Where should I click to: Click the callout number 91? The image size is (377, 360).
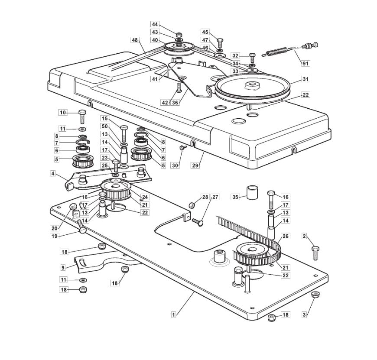[x=305, y=63]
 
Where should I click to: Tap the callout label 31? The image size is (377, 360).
[x=305, y=79]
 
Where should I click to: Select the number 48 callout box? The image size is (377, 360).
[x=135, y=40]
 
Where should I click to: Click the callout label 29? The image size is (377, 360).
[x=195, y=165]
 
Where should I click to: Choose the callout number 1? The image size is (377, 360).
[x=173, y=315]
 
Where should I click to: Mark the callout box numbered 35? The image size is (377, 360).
[x=235, y=197]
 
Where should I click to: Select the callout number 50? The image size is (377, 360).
[x=104, y=126]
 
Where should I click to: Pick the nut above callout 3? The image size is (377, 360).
[x=316, y=295]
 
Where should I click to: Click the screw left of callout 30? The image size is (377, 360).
[x=182, y=148]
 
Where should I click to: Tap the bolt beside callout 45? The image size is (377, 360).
[x=220, y=43]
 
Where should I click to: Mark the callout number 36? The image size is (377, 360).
[x=175, y=103]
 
